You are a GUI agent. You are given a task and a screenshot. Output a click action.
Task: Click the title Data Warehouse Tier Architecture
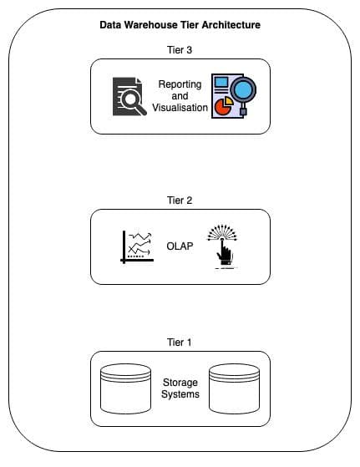coord(180,25)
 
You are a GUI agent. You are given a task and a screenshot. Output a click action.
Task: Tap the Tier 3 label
coord(180,50)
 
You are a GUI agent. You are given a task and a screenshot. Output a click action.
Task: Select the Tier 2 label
coord(180,201)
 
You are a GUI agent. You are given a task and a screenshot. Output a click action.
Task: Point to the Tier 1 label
coord(179,343)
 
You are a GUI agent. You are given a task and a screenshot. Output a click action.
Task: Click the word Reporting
coord(180,84)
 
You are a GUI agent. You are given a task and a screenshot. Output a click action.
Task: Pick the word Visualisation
coord(180,108)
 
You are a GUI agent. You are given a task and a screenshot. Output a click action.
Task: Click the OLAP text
coord(180,246)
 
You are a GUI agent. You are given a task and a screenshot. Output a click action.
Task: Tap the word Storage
coord(180,383)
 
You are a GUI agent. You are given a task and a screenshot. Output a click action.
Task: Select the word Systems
coord(180,394)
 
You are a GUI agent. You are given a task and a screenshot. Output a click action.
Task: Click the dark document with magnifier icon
coord(129,96)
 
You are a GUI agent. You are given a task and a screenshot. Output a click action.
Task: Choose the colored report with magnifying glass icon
coord(234,96)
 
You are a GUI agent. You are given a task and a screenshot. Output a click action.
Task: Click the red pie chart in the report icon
coord(222,107)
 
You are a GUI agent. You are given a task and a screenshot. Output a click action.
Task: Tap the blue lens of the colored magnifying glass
coord(244,89)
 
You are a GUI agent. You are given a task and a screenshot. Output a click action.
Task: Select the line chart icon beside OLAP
coord(137,247)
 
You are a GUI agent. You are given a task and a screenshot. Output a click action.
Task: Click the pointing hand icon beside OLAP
coord(223,246)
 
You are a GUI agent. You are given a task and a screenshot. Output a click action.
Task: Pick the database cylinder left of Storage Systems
coord(125,388)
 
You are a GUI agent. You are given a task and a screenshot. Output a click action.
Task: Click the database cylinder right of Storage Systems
coord(234,388)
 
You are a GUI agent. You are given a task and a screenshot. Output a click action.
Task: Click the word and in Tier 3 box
coord(180,96)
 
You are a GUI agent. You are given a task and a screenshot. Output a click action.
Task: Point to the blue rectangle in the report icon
coord(221,82)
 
